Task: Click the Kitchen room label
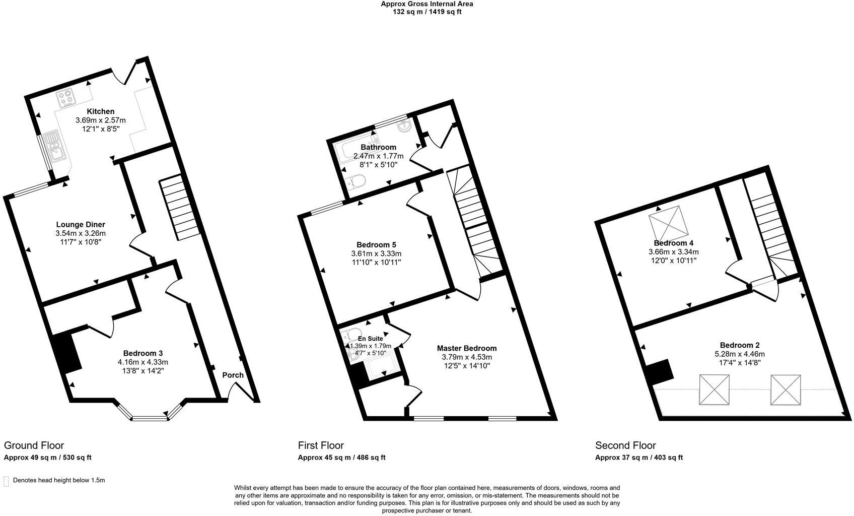point(100,111)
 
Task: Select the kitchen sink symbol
point(53,146)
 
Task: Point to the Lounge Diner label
point(81,225)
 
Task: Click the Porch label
point(233,375)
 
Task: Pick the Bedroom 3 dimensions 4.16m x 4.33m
point(143,362)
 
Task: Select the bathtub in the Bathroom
point(352,150)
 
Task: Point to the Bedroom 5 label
point(376,244)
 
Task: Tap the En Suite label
point(370,339)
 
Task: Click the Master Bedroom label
point(466,348)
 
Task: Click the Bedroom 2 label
point(739,345)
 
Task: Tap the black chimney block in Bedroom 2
point(660,371)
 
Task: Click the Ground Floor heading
point(34,445)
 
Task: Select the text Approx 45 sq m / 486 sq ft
point(341,458)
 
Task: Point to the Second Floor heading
point(625,445)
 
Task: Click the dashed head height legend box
point(6,481)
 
